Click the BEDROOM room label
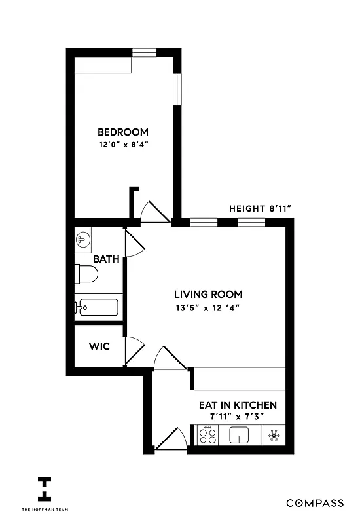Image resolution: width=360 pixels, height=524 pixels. pyautogui.click(x=123, y=132)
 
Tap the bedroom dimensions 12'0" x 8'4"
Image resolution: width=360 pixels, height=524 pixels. pyautogui.click(x=123, y=145)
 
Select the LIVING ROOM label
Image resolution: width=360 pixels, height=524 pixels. pyautogui.click(x=208, y=294)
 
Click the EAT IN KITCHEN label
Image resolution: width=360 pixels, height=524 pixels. pyautogui.click(x=238, y=405)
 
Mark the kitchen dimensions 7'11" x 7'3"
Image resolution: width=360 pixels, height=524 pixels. pyautogui.click(x=238, y=417)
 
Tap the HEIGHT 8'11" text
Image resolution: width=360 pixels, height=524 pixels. pyautogui.click(x=260, y=208)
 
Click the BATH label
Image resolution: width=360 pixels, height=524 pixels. pyautogui.click(x=105, y=259)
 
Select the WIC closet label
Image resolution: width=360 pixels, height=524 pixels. pyautogui.click(x=99, y=345)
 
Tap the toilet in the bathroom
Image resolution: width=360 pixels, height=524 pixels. pyautogui.click(x=86, y=274)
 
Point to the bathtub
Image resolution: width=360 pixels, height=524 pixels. pyautogui.click(x=97, y=307)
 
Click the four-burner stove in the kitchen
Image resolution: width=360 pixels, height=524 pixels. pyautogui.click(x=208, y=434)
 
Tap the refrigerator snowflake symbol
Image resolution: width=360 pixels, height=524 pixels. pyautogui.click(x=274, y=434)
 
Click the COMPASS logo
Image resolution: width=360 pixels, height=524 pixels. pyautogui.click(x=315, y=503)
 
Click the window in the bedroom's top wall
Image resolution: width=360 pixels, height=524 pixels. pyautogui.click(x=144, y=50)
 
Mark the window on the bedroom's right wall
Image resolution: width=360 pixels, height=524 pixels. pyautogui.click(x=177, y=89)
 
